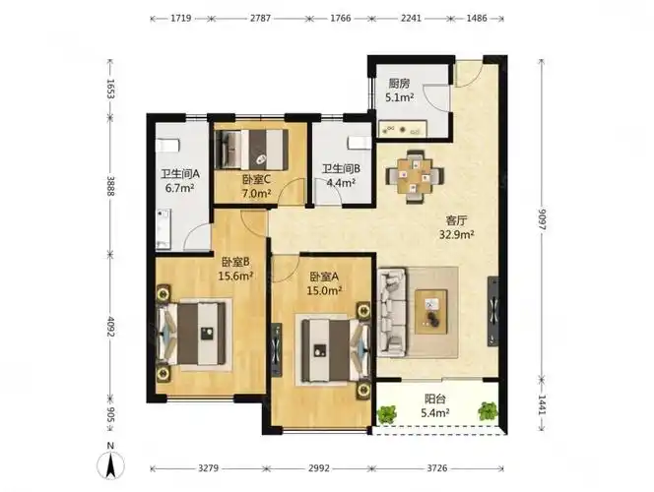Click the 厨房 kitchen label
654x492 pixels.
pos(400,83)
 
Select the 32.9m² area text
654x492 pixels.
pos(457,234)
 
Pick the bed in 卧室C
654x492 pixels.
pos(253,151)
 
